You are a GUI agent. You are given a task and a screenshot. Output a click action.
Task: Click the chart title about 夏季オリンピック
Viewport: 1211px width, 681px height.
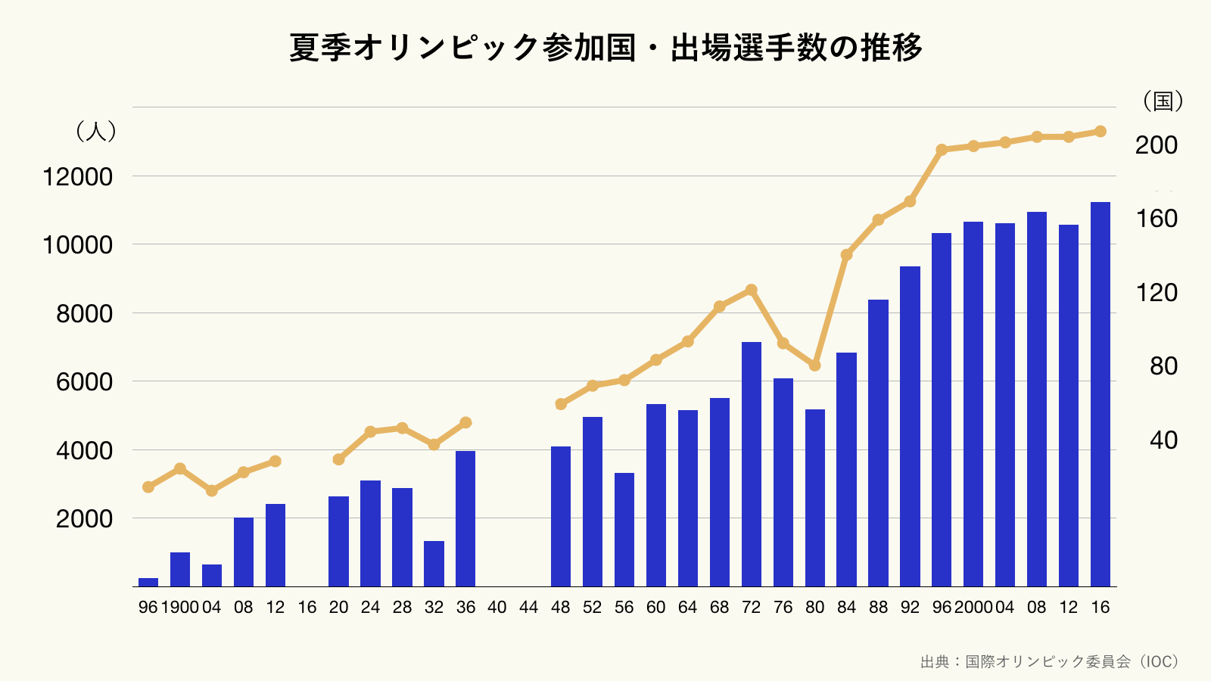[605, 48]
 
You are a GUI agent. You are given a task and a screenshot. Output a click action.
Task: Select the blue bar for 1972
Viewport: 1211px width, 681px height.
[752, 464]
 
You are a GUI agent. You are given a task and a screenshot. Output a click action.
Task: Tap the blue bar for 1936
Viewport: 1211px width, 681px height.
[465, 518]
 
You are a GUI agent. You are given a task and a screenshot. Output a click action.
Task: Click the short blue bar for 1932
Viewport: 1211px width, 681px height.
[434, 564]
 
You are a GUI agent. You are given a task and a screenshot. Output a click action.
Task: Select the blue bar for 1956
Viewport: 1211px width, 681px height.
[624, 530]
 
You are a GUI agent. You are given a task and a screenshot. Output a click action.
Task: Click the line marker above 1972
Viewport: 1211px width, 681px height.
[752, 290]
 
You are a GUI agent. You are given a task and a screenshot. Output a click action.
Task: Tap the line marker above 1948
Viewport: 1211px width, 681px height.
[561, 404]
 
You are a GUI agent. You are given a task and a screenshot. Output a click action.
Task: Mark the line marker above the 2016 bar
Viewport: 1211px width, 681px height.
[1100, 132]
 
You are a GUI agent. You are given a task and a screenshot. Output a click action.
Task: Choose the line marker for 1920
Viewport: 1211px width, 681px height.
[338, 459]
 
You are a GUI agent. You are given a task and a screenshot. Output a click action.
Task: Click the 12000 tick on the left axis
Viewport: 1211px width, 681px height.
[77, 177]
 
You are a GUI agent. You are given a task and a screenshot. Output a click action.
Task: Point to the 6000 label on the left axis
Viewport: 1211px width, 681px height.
[84, 382]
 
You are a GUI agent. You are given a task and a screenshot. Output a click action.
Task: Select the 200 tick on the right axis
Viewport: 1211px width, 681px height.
[1156, 145]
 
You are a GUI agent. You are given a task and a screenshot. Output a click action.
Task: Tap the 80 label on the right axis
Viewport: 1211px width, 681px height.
[1163, 366]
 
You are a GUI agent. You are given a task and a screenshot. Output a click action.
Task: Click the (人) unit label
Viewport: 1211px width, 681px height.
[95, 132]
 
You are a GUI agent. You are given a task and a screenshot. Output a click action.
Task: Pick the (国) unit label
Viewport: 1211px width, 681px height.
[1163, 101]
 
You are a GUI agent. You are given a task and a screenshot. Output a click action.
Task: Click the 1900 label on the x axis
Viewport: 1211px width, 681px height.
[179, 607]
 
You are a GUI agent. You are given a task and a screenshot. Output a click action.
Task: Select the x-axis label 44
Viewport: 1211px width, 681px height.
[529, 607]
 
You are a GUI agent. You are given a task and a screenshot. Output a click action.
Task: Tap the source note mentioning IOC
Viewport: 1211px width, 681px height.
[1050, 662]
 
